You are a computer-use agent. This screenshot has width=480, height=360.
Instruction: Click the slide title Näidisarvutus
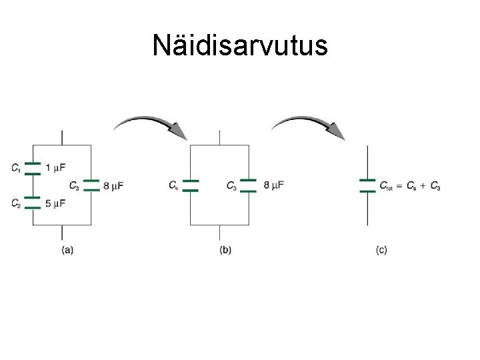[x=239, y=45]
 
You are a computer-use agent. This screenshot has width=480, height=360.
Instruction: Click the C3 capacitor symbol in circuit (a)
[x=91, y=185]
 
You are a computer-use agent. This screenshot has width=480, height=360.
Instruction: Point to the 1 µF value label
[x=55, y=167]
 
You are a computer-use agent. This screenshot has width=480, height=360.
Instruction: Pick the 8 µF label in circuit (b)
[x=273, y=185]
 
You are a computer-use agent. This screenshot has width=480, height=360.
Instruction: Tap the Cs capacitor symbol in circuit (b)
[x=191, y=185]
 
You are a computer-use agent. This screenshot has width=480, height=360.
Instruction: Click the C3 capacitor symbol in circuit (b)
[x=249, y=185]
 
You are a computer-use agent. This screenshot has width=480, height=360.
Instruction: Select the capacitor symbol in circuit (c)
[x=367, y=185]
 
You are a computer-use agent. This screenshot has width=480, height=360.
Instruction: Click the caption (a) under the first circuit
[x=67, y=250]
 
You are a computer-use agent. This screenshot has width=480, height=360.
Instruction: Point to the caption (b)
[x=225, y=250]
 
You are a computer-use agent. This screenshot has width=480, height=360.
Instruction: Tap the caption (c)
[x=381, y=250]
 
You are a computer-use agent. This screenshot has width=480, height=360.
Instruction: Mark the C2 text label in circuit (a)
[x=15, y=204]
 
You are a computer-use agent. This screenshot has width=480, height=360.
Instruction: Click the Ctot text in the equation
[x=387, y=186]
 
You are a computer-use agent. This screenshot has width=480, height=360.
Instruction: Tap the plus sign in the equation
[x=424, y=185]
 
